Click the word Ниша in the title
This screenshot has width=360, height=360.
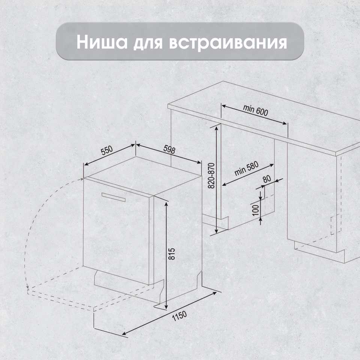pyautogui.click(x=102, y=42)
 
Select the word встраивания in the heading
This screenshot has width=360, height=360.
pyautogui.click(x=228, y=43)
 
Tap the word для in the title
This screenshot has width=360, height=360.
pyautogui.click(x=148, y=43)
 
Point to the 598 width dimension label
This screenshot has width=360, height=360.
pyautogui.click(x=169, y=150)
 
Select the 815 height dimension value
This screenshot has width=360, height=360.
pyautogui.click(x=171, y=253)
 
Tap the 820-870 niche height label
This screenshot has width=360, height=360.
pyautogui.click(x=211, y=175)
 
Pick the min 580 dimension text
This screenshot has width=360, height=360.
pyautogui.click(x=246, y=168)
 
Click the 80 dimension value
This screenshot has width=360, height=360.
pyautogui.click(x=267, y=179)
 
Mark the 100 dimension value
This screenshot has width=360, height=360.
pyautogui.click(x=255, y=210)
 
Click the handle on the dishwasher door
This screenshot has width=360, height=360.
pyautogui.click(x=113, y=197)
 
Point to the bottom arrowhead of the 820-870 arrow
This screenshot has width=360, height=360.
pyautogui.click(x=216, y=230)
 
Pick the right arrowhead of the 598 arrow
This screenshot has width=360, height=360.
pyautogui.click(x=198, y=162)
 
